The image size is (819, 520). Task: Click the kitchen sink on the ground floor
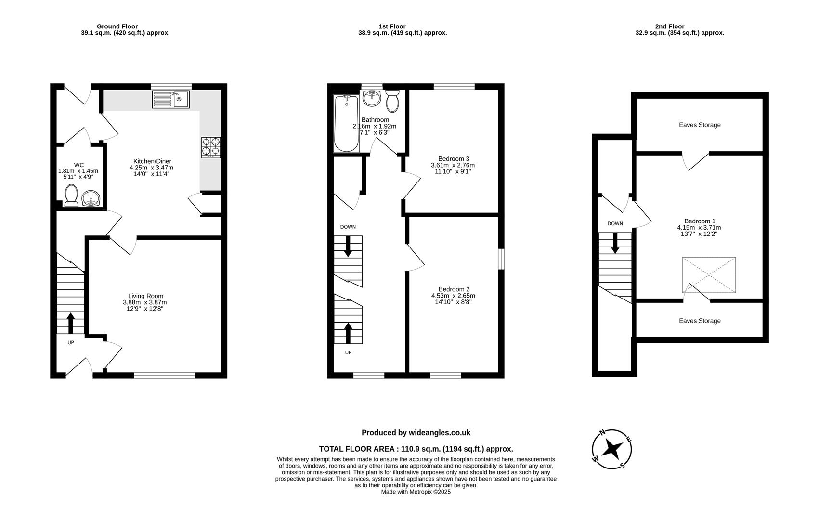(171, 100)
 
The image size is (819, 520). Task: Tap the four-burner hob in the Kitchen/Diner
(211, 147)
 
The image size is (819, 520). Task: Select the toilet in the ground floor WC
(71, 195)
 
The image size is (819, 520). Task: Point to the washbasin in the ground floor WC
(91, 198)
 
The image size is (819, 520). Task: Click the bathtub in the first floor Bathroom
(346, 123)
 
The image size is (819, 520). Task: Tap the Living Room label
(145, 296)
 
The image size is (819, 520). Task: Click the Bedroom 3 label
(454, 159)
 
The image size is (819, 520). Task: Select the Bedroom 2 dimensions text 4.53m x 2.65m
(453, 296)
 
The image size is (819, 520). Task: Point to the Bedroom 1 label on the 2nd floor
(699, 221)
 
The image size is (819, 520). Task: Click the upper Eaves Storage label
(700, 125)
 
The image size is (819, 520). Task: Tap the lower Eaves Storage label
(700, 321)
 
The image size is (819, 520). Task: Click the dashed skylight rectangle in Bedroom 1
(709, 275)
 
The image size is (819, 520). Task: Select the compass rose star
(612, 449)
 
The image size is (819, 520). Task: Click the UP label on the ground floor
(71, 343)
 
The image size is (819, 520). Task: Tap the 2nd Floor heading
(669, 26)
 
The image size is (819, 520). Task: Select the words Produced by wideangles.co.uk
(416, 433)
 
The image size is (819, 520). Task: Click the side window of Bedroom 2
(501, 259)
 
